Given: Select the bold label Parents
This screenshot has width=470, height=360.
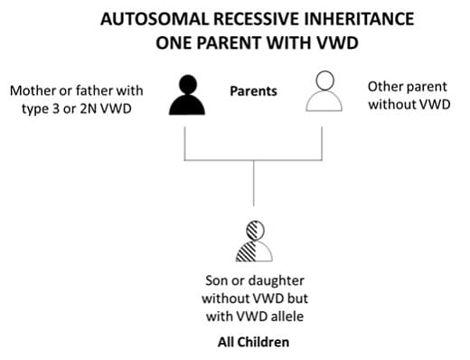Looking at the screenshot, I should pyautogui.click(x=253, y=91).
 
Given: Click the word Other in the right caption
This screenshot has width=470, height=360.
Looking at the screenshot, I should pyautogui.click(x=384, y=86).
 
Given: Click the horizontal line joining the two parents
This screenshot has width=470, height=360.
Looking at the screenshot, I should pyautogui.click(x=253, y=160).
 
